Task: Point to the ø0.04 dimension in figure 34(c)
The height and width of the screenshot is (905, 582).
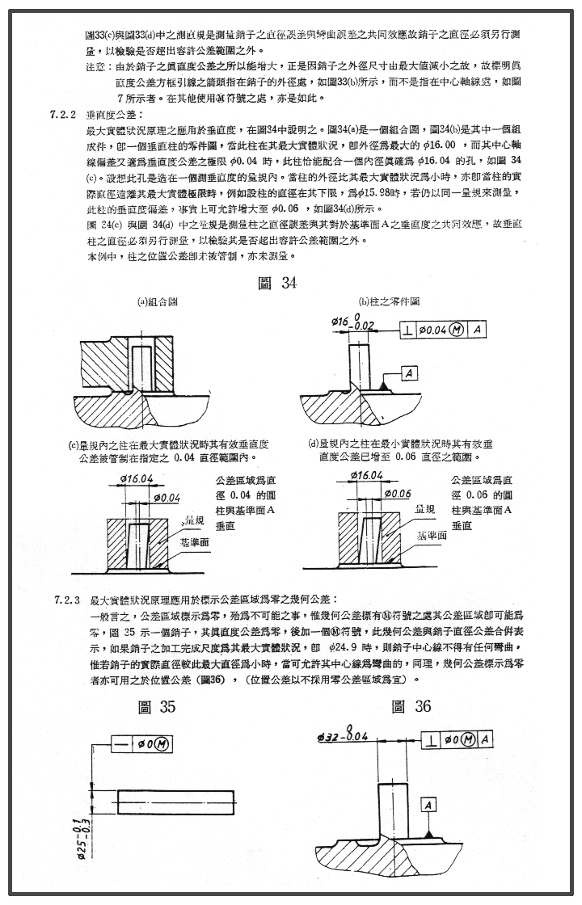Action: (166, 497)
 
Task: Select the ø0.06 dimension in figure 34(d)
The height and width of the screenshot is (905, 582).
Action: (398, 493)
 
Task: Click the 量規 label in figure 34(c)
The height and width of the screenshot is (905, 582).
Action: (194, 519)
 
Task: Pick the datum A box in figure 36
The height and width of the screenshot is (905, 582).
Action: (428, 805)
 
